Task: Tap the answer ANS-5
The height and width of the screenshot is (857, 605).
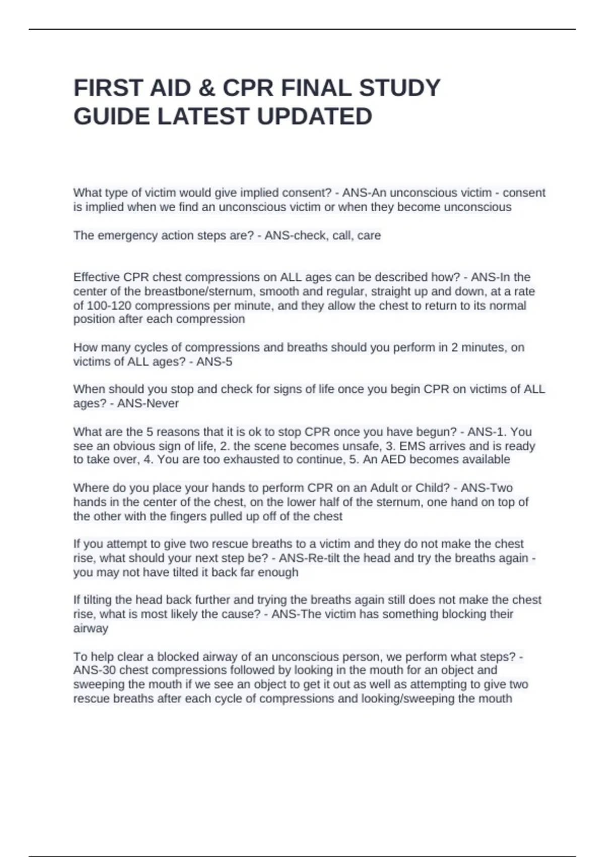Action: click(214, 361)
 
